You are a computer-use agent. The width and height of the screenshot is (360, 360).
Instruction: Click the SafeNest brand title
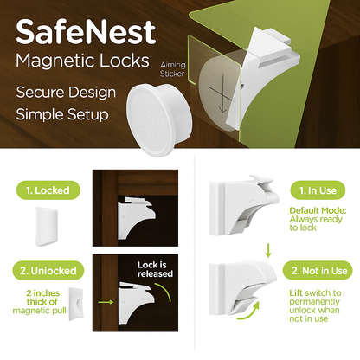86,32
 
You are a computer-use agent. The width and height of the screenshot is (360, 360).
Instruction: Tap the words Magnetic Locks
82,61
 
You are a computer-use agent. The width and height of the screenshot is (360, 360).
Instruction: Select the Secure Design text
66,93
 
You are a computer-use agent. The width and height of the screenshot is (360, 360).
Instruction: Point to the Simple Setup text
62,114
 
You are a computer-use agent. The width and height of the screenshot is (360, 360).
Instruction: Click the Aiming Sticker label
172,69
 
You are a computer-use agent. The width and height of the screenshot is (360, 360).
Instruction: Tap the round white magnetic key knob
159,119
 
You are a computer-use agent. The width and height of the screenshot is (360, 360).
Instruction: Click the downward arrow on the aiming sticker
223,93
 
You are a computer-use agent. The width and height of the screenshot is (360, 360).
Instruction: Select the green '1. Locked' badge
48,190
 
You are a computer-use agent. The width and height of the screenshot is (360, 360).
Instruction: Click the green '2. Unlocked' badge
48,271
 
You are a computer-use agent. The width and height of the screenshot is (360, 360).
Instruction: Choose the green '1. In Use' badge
318,190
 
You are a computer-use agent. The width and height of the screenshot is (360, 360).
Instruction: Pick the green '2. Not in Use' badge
318,271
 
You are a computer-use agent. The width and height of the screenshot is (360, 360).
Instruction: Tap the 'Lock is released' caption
155,269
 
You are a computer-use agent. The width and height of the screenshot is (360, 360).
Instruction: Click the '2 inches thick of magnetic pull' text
40,302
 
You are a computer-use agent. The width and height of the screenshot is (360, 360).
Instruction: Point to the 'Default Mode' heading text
318,210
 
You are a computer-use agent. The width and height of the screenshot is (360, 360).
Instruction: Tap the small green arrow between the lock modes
268,250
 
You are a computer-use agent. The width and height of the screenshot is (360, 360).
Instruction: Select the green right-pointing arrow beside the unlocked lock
106,302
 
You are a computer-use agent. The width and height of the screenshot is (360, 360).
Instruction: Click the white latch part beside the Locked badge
47,227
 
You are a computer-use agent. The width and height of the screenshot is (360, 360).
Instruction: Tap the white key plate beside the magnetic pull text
76,304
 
